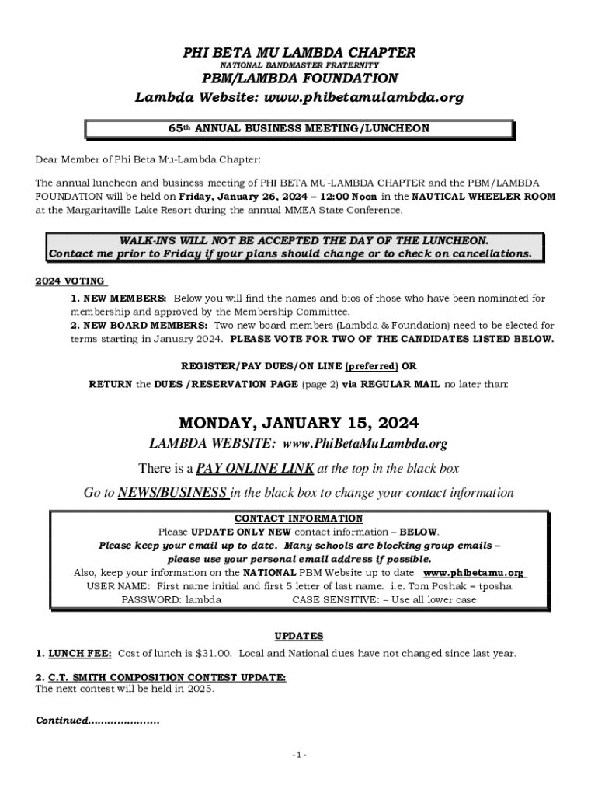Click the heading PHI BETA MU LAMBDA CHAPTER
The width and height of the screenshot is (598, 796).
pos(299,53)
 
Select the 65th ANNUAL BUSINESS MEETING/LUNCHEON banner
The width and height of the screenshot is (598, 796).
pos(299,128)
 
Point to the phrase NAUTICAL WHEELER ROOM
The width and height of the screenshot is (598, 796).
pos(483,197)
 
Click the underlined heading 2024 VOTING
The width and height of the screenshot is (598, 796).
pos(71,281)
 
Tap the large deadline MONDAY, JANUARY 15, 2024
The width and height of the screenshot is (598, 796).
pos(299,423)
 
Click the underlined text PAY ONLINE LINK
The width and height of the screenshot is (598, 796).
pos(255,468)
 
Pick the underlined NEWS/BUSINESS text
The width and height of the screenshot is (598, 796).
pos(173,492)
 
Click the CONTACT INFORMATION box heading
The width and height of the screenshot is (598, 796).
pos(298,518)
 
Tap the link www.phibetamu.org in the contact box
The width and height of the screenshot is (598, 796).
pos(473,573)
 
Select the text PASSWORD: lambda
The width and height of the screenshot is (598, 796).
pos(171,599)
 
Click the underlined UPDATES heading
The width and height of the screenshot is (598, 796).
pos(299,636)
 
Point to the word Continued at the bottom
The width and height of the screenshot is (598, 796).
pos(61,721)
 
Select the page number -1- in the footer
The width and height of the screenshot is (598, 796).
pos(299,756)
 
